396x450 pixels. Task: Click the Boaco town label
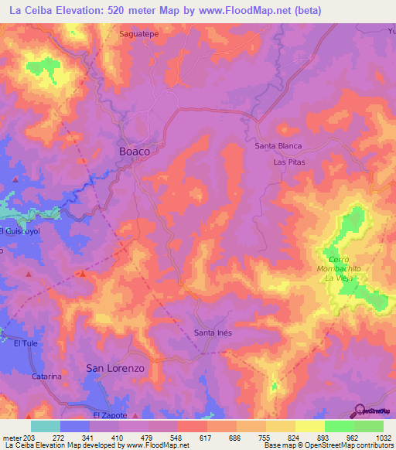[x=134, y=152]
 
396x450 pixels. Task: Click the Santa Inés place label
[x=213, y=333]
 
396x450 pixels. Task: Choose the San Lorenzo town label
[x=115, y=369]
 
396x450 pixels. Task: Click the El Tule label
[x=26, y=344]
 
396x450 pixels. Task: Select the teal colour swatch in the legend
[x=45, y=426]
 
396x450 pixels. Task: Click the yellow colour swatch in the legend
[x=309, y=426]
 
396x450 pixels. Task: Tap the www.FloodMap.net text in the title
[x=248, y=11]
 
